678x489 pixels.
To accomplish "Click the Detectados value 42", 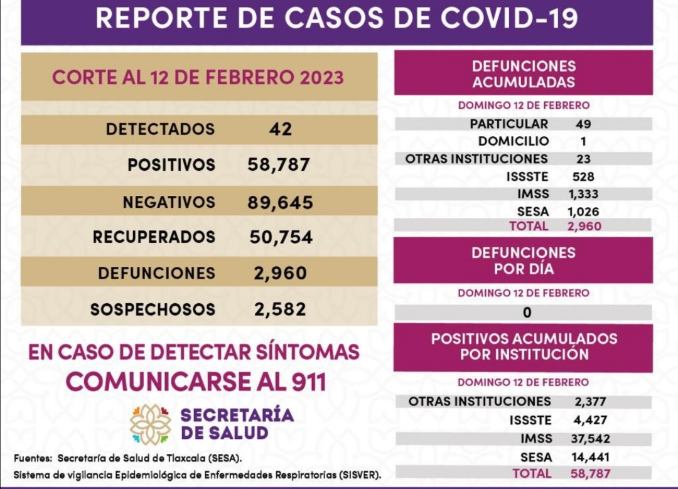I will pos(279,129).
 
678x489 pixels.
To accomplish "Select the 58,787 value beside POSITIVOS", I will pos(279,165).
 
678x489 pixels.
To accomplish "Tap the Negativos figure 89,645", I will pos(281,202).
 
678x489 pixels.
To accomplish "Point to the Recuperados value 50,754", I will pos(281,237).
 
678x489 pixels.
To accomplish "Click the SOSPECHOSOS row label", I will pos(153,309).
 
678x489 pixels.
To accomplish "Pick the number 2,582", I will pos(279,309).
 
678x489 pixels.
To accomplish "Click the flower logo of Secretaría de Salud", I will pos(150,424).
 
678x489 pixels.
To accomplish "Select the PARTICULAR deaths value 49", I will pos(583,124).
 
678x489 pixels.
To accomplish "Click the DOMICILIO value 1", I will pos(583,141).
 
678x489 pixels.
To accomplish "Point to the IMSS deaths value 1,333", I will pos(583,194).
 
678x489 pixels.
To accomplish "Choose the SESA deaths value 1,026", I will pos(583,212).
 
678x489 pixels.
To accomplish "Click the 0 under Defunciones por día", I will pos(527,312).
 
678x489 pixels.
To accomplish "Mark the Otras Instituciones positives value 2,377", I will pos(589,402).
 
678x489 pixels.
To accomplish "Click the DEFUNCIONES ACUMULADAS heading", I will pos(523,74).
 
